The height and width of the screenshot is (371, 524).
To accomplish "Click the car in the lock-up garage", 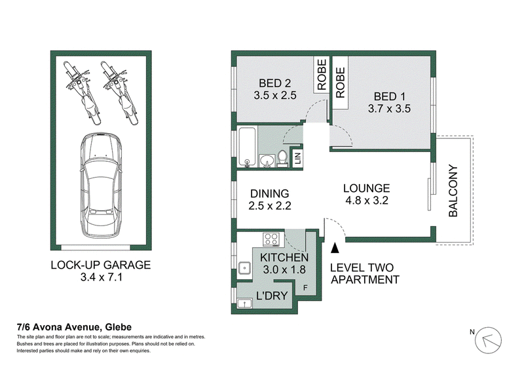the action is click(x=102, y=185).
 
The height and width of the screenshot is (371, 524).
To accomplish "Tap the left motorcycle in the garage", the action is click(x=82, y=92).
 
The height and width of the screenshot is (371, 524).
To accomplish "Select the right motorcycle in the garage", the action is click(x=119, y=92).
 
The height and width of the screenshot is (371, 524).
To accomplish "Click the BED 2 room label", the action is click(x=274, y=83).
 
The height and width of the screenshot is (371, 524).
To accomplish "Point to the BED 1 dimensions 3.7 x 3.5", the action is click(x=389, y=108).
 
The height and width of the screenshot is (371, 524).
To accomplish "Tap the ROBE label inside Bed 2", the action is click(x=322, y=75).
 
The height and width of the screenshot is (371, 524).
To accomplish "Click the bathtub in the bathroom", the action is click(x=248, y=147).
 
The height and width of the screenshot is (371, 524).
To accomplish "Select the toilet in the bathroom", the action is click(x=283, y=158).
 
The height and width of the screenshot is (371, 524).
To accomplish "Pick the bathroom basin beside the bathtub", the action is click(x=267, y=160).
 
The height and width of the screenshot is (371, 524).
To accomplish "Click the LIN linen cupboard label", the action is click(x=298, y=157).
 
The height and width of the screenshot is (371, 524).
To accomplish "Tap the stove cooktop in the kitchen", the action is click(x=271, y=239).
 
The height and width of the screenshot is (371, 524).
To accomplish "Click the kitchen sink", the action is click(x=244, y=268).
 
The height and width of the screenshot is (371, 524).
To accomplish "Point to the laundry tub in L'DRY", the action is click(x=244, y=303).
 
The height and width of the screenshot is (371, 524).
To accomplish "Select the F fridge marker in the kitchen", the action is click(x=305, y=288).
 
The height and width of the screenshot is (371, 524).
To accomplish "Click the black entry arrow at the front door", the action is click(x=335, y=248).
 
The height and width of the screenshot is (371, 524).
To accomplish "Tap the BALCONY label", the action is click(x=453, y=191).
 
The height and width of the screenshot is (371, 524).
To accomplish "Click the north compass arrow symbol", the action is click(x=488, y=340).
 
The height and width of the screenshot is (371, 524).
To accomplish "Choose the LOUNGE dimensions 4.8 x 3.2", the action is click(x=367, y=201).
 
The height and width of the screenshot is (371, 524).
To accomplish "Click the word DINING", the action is click(x=270, y=193).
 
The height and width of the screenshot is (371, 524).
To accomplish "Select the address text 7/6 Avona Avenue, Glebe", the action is click(x=74, y=327).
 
